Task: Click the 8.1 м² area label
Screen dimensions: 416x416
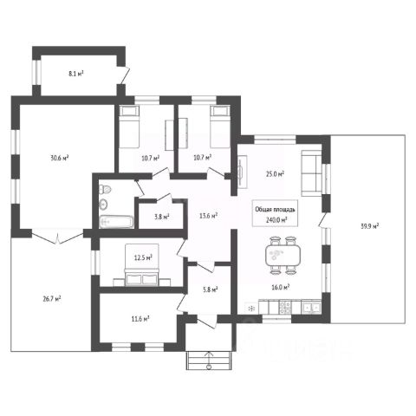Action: [76, 74]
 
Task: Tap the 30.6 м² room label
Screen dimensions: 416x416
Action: [60, 158]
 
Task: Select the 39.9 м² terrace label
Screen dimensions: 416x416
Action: [370, 226]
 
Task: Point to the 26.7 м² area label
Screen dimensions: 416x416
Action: [52, 299]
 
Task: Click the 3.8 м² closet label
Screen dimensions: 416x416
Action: [162, 217]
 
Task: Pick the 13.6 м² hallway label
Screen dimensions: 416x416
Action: [208, 216]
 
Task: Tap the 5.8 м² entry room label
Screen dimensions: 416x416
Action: [211, 289]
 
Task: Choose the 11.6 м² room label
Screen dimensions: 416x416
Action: [140, 319]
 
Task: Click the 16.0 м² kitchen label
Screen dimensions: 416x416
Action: [281, 287]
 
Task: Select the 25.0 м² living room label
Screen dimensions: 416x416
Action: [275, 174]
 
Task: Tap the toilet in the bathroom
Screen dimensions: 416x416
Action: [105, 190]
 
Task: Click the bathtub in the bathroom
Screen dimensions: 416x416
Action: [116, 222]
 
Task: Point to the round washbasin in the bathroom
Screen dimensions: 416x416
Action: [103, 205]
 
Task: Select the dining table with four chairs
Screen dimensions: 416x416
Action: [283, 255]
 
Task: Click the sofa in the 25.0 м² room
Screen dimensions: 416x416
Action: [312, 173]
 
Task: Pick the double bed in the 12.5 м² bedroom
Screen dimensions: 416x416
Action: [141, 265]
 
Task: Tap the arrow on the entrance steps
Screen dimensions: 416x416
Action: [209, 361]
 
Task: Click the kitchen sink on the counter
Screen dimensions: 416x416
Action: [311, 308]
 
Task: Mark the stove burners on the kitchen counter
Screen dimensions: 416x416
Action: [285, 308]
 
